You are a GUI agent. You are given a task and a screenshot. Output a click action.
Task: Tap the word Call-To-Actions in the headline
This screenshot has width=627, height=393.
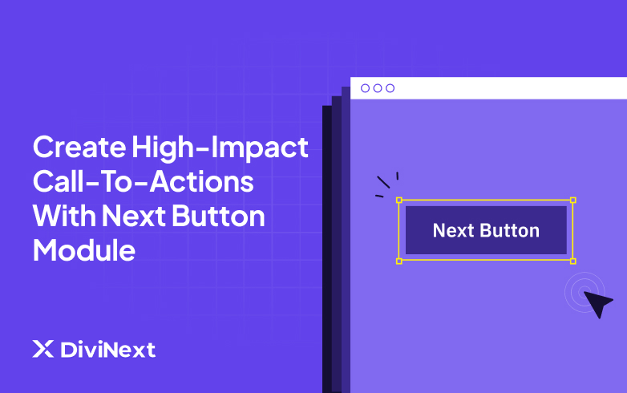[143, 183]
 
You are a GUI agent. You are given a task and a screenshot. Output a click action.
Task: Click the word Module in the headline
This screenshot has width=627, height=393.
[83, 251]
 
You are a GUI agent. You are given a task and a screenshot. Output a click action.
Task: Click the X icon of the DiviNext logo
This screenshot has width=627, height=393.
[42, 350]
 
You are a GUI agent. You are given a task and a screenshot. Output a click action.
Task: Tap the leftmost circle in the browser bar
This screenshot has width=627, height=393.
[366, 88]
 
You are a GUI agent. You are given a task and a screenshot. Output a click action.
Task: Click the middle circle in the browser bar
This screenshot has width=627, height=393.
[378, 88]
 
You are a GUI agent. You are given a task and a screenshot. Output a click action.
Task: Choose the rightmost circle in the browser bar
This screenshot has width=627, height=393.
[390, 88]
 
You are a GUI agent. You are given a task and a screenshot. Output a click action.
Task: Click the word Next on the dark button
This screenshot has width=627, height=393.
[455, 231]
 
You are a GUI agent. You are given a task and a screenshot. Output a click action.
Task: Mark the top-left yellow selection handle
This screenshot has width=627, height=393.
[399, 200]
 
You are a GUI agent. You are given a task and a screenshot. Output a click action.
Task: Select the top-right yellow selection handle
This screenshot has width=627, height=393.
[572, 200]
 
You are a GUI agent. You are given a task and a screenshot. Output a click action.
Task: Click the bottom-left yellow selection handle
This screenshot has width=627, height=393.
[399, 261]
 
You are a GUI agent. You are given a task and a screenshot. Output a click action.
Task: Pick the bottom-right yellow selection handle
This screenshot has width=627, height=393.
[572, 261]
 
